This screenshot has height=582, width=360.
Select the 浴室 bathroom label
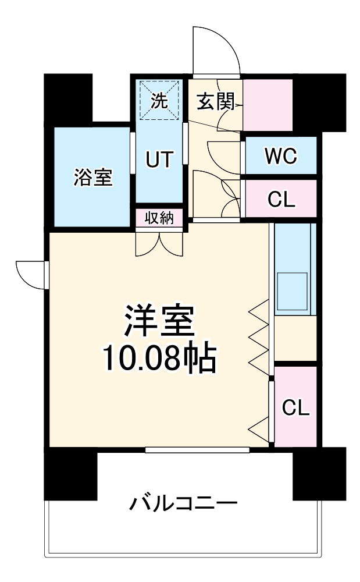92,177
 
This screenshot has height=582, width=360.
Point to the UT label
159,159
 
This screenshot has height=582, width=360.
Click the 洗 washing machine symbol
159,101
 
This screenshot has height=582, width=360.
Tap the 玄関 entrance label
215,102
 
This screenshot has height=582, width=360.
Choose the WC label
280,155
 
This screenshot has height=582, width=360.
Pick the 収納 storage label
159,218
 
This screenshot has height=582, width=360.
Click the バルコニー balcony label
183,501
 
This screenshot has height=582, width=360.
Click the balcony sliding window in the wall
197,449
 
